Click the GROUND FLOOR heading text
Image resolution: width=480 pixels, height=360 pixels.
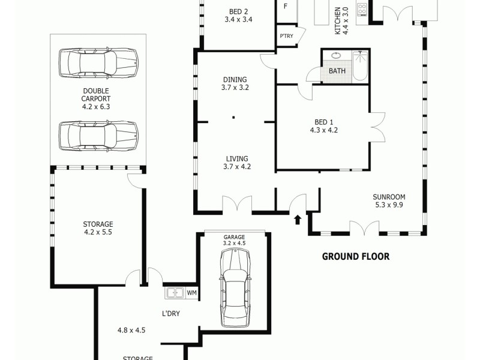pyautogui.click(x=356, y=256)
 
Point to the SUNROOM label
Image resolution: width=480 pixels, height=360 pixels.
pyautogui.click(x=389, y=196)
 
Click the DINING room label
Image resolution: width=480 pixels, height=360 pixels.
pyautogui.click(x=235, y=79)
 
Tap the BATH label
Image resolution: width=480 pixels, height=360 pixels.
pyautogui.click(x=337, y=71)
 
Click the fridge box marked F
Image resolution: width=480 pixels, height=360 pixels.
pyautogui.click(x=286, y=7)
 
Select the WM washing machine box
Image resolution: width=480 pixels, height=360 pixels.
pyautogui.click(x=191, y=293)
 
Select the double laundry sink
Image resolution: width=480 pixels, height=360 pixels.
pyautogui.click(x=175, y=293)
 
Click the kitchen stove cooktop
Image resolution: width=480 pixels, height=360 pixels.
pyautogui.click(x=362, y=10)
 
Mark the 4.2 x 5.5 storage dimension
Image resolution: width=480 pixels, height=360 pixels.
pyautogui.click(x=98, y=233)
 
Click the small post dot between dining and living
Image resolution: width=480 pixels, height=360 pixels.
pyautogui.click(x=233, y=118)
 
